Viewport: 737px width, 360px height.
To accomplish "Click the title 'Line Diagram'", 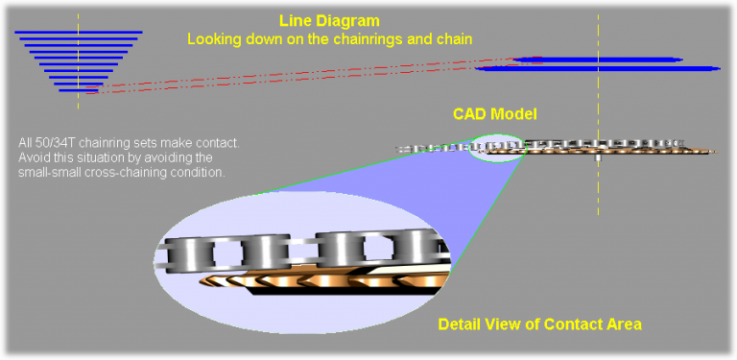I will (x=329, y=20).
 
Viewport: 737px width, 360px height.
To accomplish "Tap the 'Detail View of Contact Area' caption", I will (x=539, y=324).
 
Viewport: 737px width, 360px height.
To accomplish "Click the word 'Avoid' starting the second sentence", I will (x=35, y=157).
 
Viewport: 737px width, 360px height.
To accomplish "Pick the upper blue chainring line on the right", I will (x=595, y=60).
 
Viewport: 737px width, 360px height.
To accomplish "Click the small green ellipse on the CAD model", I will (x=497, y=147).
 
